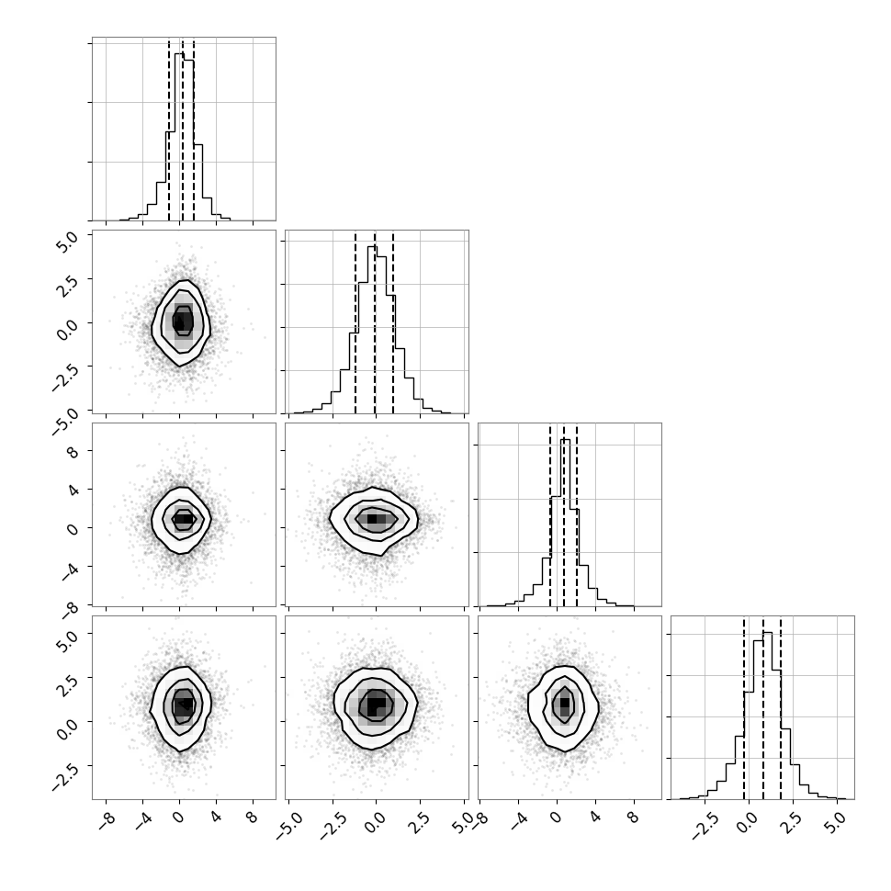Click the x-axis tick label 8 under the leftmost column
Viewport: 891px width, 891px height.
[253, 818]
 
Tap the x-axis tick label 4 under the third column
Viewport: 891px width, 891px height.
[595, 818]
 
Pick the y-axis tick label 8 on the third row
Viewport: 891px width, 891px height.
[73, 452]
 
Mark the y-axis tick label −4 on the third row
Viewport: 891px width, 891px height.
[69, 570]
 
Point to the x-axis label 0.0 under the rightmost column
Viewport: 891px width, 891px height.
[750, 822]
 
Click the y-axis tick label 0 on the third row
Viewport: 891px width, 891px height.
[73, 529]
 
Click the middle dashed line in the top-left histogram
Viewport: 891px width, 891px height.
[183, 130]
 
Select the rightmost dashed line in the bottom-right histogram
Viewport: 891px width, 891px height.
[781, 708]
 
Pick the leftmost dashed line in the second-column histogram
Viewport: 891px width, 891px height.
[355, 322]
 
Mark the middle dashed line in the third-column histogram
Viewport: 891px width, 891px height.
[564, 516]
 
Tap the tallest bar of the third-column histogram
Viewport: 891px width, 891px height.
[565, 523]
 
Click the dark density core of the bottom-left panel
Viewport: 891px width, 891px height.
[183, 705]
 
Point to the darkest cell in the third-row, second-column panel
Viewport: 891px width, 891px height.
[372, 519]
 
